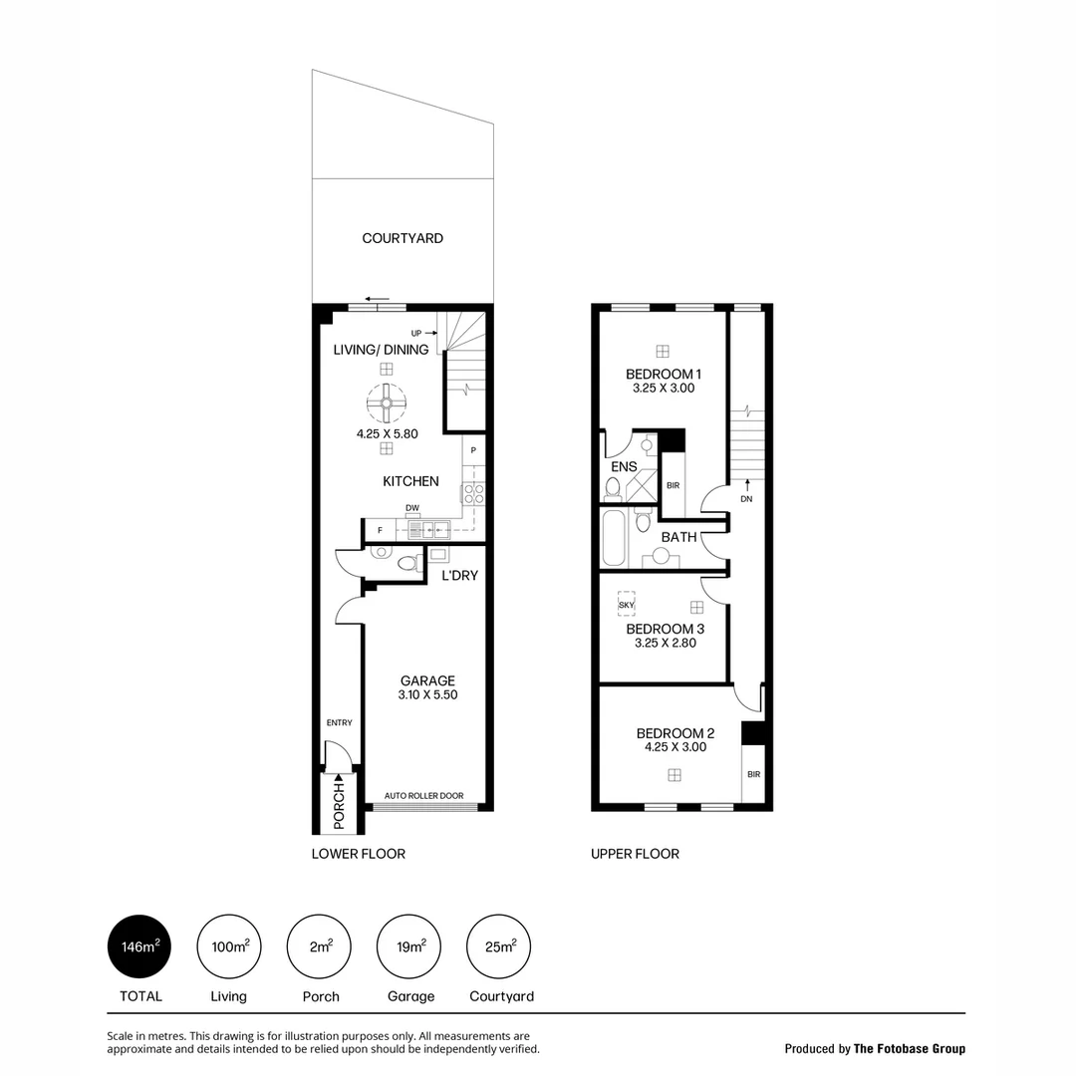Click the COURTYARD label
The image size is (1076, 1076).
(x=403, y=238)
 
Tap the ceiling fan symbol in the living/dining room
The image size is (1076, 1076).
(x=387, y=403)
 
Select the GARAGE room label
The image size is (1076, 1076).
(x=427, y=681)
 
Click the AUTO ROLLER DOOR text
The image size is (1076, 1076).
(x=423, y=796)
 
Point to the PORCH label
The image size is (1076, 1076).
(x=339, y=805)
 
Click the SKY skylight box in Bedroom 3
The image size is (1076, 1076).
(x=627, y=605)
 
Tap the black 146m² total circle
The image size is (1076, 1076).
(x=139, y=946)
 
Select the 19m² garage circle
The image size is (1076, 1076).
(x=409, y=946)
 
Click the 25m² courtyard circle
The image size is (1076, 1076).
(x=499, y=946)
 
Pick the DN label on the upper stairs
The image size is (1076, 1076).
(x=746, y=499)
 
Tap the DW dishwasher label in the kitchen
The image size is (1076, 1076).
(x=411, y=508)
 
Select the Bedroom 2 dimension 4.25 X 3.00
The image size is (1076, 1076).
(x=674, y=747)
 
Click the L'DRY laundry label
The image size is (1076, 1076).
(x=460, y=576)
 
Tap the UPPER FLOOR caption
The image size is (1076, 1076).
(x=635, y=854)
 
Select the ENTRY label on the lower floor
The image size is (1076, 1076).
(x=339, y=723)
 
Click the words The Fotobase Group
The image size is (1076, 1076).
(x=910, y=1048)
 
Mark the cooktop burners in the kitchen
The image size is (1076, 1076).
(x=473, y=492)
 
